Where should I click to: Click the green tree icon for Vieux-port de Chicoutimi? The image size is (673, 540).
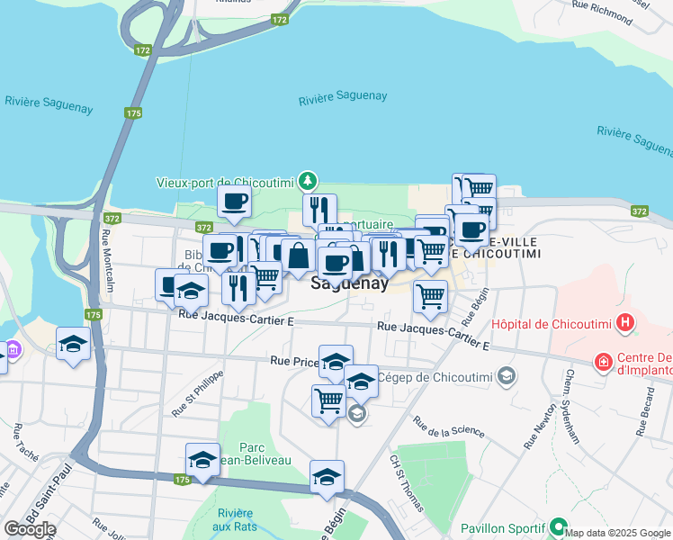[x=309, y=181]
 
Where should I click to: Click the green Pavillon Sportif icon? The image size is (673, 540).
[x=559, y=527]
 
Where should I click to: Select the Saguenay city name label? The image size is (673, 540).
[x=349, y=283]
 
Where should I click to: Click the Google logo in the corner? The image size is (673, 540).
[x=29, y=529]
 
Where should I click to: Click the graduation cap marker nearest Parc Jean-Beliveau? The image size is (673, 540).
[x=202, y=460]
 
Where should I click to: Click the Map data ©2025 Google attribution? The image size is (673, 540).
[x=617, y=533]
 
